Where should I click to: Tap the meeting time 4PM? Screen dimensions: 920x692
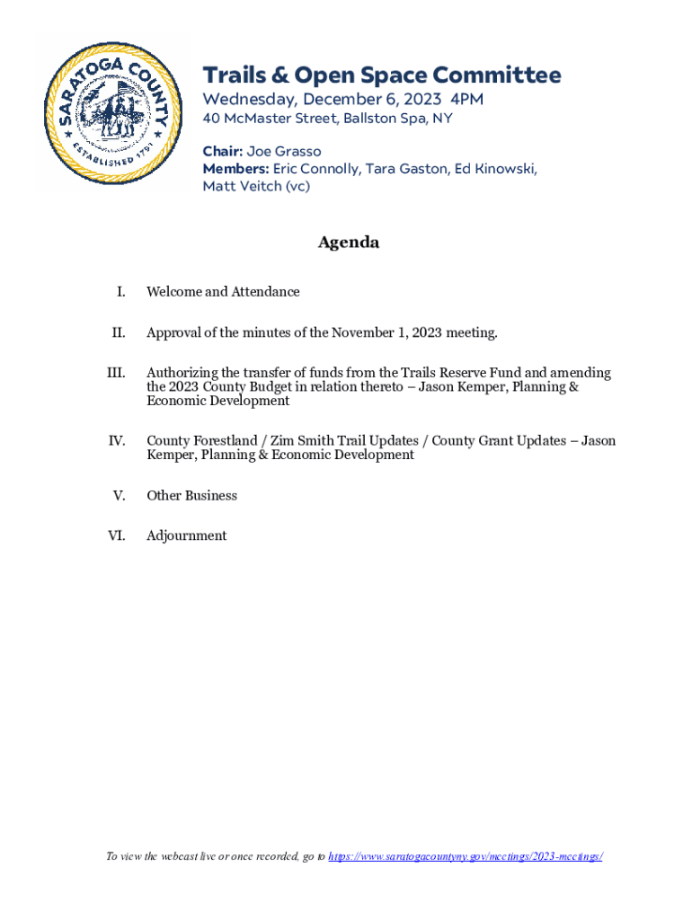click(466, 99)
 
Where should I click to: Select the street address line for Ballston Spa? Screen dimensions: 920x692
click(327, 119)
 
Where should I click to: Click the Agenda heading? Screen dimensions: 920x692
click(349, 243)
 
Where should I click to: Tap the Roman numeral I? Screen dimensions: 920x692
click(120, 292)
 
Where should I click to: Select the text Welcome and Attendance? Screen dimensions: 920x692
click(223, 292)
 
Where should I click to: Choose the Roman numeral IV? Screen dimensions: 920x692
click(117, 441)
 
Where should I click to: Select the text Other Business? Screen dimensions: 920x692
click(191, 496)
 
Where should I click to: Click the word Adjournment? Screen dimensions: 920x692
click(187, 536)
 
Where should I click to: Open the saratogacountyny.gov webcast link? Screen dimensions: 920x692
click(465, 857)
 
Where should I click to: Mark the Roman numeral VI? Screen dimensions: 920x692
click(117, 536)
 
